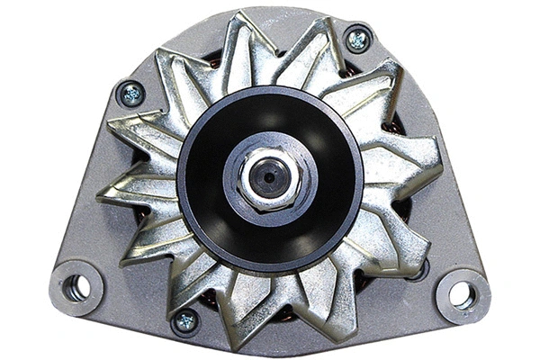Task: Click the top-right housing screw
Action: [357, 39]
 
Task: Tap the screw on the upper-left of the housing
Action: [130, 92]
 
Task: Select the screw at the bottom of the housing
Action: [186, 320]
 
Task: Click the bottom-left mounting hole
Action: [76, 287]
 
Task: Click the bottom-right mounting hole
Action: [462, 293]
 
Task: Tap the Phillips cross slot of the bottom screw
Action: [186, 320]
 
